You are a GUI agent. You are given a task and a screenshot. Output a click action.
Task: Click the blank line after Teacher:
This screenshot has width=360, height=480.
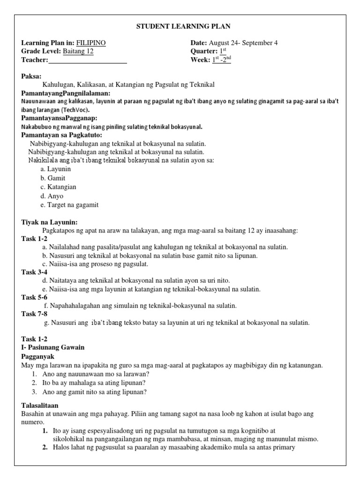(x=88, y=60)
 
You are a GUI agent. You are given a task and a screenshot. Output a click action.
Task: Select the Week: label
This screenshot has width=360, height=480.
(x=201, y=60)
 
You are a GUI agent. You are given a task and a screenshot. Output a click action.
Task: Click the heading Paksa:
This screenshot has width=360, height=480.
(x=31, y=76)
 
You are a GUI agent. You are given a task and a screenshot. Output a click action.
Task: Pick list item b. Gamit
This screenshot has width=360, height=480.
(x=53, y=178)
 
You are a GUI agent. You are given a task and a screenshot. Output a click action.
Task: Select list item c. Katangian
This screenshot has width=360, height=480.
(x=58, y=187)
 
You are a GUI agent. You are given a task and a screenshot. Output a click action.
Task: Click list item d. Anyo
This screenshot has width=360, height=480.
(x=52, y=196)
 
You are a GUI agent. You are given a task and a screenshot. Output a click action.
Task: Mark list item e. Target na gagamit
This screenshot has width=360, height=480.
(x=69, y=205)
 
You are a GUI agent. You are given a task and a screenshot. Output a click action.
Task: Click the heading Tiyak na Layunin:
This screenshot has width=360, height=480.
(x=49, y=222)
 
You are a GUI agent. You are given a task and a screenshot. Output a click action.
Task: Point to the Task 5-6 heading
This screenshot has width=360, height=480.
(x=34, y=297)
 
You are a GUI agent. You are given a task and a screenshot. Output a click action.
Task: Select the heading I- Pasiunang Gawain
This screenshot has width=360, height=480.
(x=53, y=347)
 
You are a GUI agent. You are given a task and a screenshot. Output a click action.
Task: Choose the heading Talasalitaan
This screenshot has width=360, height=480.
(x=40, y=405)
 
